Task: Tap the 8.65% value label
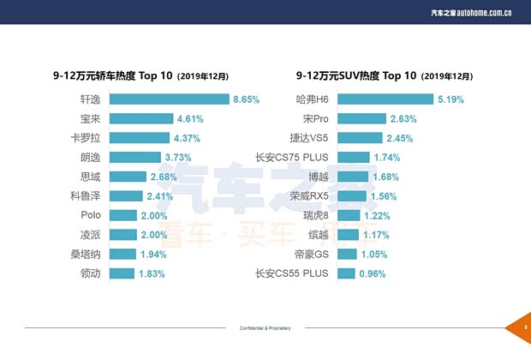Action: tap(246, 99)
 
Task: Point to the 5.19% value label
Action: tap(450, 99)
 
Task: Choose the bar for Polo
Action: tap(123, 215)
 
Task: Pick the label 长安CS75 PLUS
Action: tap(292, 158)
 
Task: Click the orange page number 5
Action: tap(523, 327)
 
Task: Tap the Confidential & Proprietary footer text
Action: tap(265, 328)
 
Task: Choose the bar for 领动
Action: tap(122, 273)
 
